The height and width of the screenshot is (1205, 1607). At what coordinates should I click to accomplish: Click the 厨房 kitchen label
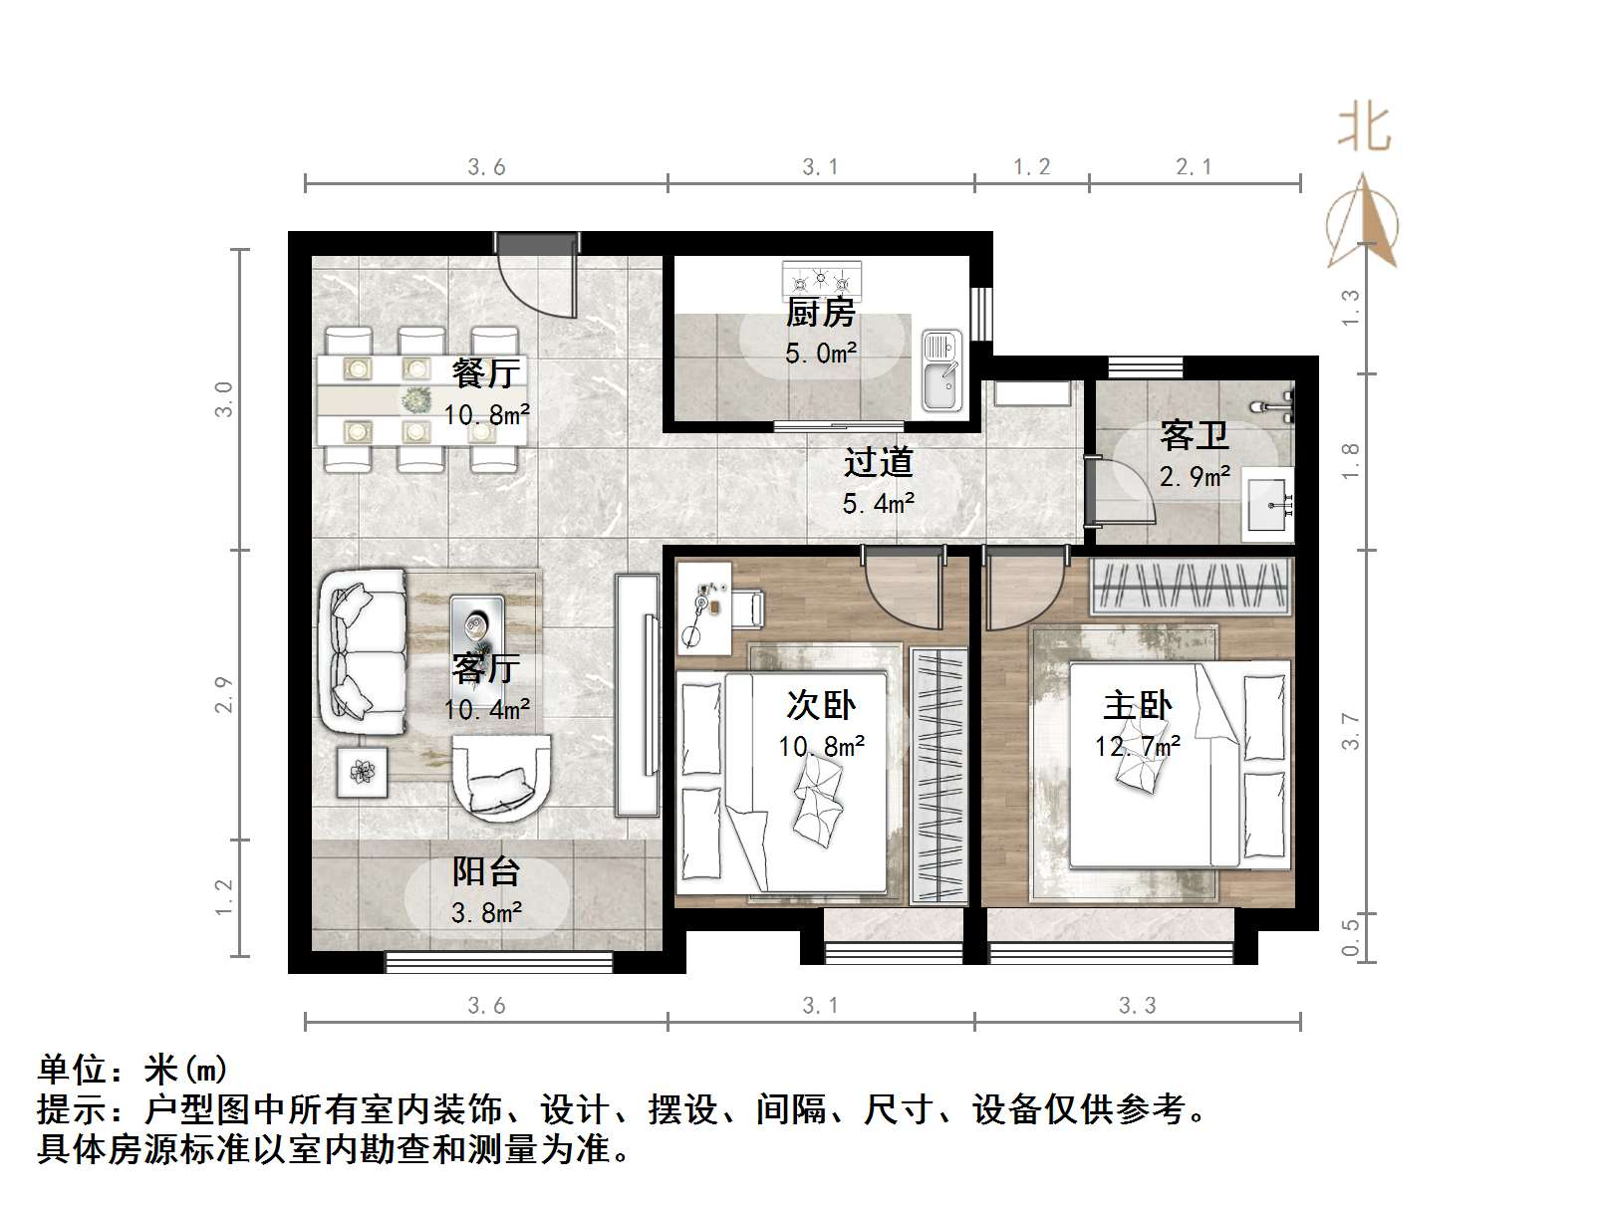pos(820,313)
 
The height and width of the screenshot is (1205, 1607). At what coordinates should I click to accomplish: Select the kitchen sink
pos(939,370)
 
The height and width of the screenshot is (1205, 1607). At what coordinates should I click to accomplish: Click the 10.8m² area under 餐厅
pos(486,414)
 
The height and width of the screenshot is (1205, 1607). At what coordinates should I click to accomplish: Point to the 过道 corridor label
pos(878,462)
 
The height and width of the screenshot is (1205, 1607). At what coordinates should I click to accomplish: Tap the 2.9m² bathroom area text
pos(1195,477)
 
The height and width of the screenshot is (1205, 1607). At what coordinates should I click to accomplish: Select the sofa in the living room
pos(363,650)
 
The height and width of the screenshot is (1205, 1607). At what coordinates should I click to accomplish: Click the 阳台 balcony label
pos(486,872)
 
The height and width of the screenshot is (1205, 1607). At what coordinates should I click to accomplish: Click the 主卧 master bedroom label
pos(1138,706)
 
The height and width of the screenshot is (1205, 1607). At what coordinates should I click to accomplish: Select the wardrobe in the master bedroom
pos(1191,586)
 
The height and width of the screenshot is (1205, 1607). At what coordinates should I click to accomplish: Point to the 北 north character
pos(1363,127)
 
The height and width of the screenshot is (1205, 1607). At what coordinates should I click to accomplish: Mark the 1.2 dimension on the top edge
pos(1031,167)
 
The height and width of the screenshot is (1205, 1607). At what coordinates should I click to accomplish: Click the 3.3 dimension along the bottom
pos(1137,1006)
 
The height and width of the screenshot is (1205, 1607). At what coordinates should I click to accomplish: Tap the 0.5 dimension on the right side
pos(1350,936)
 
